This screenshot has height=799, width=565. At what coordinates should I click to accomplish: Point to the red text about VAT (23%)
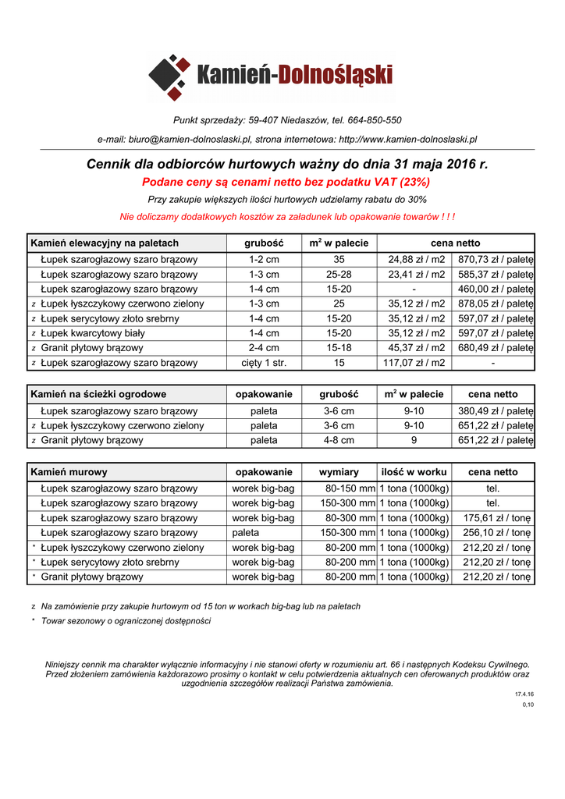(286, 182)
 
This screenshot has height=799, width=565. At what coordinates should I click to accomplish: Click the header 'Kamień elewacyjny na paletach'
(105, 243)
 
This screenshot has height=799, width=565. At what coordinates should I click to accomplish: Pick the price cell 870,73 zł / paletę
(495, 259)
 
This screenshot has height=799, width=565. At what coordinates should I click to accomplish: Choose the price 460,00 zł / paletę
(495, 289)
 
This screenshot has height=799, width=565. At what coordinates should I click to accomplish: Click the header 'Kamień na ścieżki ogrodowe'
(98, 394)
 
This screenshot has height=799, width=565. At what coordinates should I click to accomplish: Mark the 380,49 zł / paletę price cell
(495, 410)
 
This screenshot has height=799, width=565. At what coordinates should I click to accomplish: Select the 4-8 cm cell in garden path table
(339, 440)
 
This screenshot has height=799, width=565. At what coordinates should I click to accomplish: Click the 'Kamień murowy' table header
(69, 472)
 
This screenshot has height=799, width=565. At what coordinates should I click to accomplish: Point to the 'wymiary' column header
(339, 472)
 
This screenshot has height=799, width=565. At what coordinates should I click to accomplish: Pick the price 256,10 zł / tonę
(496, 533)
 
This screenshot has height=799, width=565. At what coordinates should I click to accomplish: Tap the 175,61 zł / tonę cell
(496, 518)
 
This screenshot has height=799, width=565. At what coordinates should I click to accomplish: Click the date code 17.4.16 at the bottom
(524, 694)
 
